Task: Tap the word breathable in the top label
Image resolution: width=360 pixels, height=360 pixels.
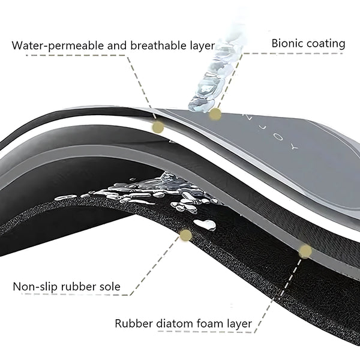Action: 158,46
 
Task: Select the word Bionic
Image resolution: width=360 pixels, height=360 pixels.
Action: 287,43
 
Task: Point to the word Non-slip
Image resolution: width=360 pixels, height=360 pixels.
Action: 35,287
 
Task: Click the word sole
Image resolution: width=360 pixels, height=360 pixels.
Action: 110,287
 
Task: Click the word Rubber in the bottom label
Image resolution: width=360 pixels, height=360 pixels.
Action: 134,323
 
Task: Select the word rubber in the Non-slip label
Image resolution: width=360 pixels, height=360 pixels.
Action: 79,287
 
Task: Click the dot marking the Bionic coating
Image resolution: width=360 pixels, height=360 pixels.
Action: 215,114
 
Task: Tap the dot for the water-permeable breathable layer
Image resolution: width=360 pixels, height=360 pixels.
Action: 158,127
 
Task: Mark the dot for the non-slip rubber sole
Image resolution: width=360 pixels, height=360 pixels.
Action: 186,235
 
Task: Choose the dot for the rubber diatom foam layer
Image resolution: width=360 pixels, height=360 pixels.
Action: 305,251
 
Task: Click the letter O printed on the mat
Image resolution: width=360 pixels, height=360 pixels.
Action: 278,137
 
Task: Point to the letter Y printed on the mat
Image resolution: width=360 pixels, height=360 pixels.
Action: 295,147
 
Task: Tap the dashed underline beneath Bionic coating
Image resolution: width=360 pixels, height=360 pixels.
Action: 293,53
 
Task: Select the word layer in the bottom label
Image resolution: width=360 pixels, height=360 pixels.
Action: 239,324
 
